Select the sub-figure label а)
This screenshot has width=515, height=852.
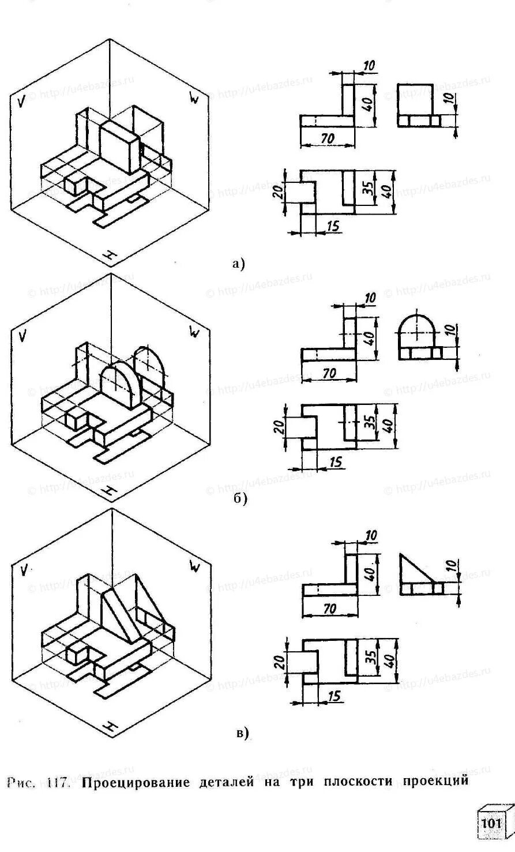pyautogui.click(x=238, y=264)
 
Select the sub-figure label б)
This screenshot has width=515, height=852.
pyautogui.click(x=240, y=500)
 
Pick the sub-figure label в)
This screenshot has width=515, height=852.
pyautogui.click(x=242, y=733)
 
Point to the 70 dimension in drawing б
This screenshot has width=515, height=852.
pyautogui.click(x=329, y=373)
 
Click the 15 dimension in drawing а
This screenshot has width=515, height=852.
pyautogui.click(x=332, y=226)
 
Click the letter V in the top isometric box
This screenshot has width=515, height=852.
pyautogui.click(x=21, y=102)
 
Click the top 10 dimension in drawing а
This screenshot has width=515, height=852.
pyautogui.click(x=369, y=66)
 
